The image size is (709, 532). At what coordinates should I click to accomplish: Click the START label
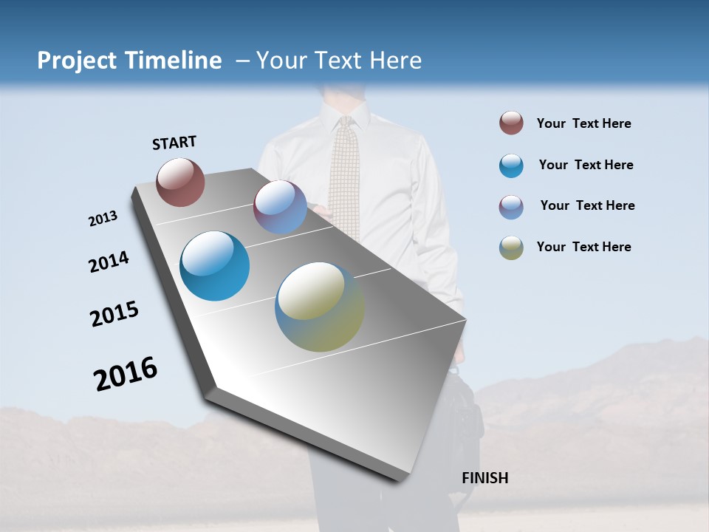click(174, 143)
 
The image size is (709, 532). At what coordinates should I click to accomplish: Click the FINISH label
click(484, 478)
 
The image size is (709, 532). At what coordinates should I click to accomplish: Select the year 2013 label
click(103, 219)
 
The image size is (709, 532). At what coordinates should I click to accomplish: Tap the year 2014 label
click(109, 262)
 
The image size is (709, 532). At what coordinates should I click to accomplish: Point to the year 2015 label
click(114, 314)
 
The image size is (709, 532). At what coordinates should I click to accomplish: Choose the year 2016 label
click(126, 373)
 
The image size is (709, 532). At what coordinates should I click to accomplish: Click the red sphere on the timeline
click(180, 182)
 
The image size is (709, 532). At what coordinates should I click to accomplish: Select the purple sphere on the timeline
click(280, 207)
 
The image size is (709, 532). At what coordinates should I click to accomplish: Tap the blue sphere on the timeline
click(215, 266)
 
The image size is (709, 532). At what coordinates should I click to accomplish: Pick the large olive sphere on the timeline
click(320, 307)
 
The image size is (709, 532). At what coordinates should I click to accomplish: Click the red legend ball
click(511, 123)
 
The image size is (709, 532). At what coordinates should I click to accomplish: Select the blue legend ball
click(511, 166)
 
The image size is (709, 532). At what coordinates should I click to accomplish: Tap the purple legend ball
click(511, 207)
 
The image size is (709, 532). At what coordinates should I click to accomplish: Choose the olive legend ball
click(511, 248)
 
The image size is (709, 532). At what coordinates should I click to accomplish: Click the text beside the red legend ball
click(583, 123)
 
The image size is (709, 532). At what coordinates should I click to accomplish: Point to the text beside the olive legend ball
click(583, 247)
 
